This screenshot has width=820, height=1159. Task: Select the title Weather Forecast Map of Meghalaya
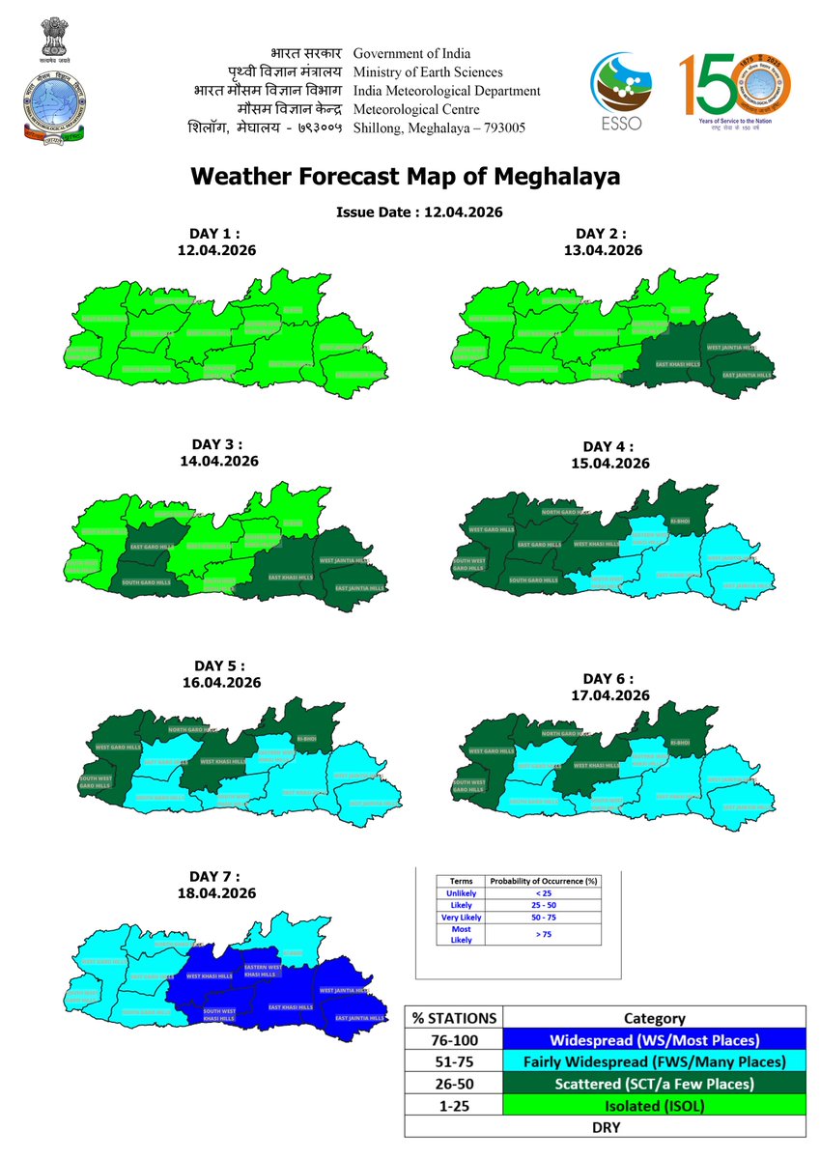tap(405, 177)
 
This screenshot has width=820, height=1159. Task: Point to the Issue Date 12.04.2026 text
tap(420, 212)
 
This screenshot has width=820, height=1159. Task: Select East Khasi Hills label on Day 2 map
tap(676, 364)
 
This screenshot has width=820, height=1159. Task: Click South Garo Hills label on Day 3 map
tap(146, 582)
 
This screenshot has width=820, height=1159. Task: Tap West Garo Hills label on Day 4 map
tap(491, 530)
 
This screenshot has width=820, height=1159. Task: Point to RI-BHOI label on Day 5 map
tap(306, 739)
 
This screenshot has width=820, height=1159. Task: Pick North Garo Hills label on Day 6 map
tap(562, 734)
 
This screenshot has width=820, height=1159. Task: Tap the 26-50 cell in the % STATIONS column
tap(454, 1085)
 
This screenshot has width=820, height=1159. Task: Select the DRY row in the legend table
tap(606, 1127)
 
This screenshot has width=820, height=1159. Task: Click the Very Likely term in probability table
tap(462, 917)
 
